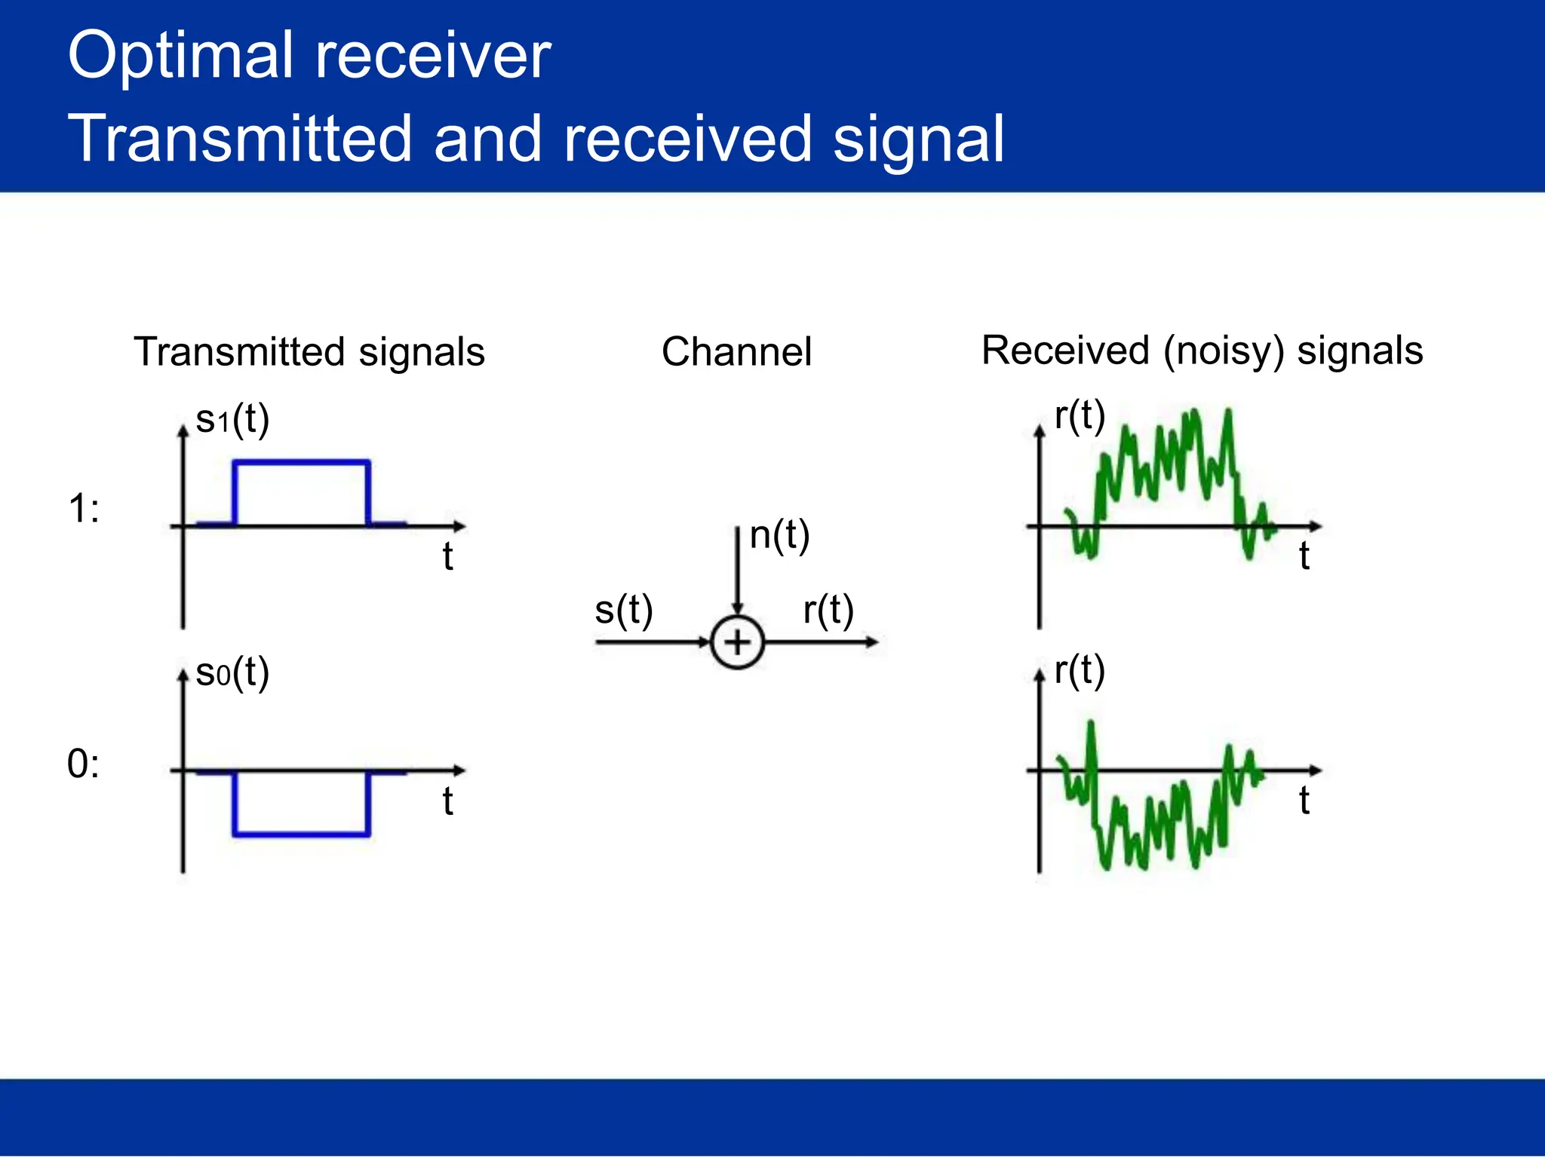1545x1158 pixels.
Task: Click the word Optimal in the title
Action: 180,57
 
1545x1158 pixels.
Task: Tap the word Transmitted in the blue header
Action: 240,139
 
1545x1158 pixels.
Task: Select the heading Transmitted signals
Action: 309,352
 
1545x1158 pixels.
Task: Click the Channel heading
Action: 736,352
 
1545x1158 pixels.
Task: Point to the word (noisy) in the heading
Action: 1223,351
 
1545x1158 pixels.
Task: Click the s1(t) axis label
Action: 232,419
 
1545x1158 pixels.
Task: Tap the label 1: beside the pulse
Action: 83,509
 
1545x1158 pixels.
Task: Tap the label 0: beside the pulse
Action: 83,764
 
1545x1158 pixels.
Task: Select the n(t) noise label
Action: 779,535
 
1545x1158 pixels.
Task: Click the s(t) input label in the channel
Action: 623,609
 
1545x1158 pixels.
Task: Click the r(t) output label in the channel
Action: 828,609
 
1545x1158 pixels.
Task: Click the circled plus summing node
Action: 737,642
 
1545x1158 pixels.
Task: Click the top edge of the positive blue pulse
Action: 302,461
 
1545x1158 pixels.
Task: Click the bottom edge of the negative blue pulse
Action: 302,834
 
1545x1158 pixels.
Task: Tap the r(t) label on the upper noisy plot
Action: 1079,415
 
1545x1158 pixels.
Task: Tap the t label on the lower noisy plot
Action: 1304,800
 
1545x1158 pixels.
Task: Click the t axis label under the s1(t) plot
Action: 447,556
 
